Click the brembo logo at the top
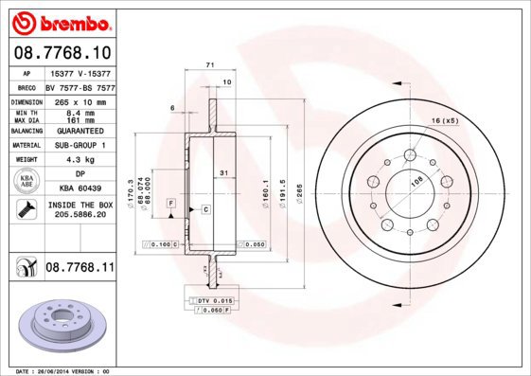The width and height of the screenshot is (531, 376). click(60, 21)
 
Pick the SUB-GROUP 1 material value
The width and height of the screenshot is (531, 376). click(78, 145)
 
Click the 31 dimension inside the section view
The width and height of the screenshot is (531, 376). click(222, 172)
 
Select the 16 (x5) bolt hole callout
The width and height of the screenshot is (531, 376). click(444, 120)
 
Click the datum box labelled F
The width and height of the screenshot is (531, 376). click(171, 204)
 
